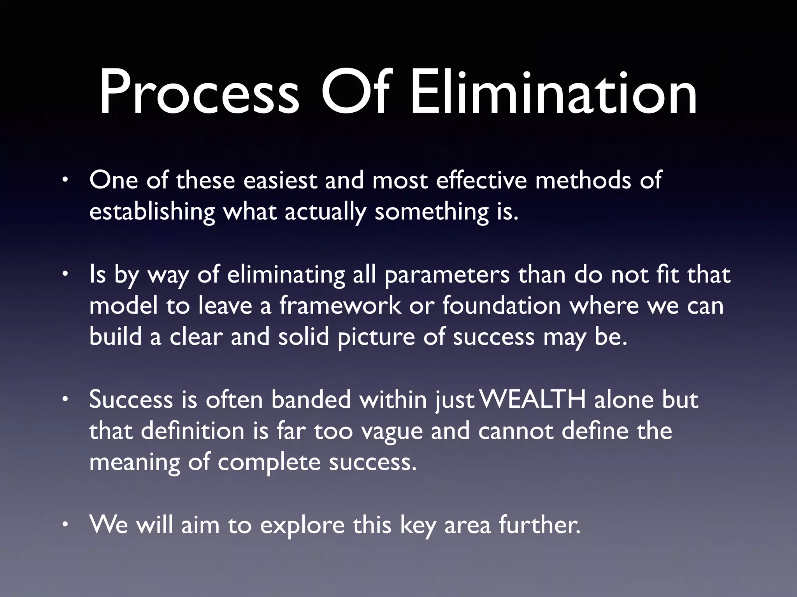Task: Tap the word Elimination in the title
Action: pos(553,93)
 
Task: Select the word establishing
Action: pos(152,212)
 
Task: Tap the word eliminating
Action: pos(286,275)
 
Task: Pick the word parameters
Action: pos(447,275)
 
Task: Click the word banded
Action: pos(311,400)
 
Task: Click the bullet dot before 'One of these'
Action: pos(65,181)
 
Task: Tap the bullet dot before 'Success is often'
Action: pos(65,400)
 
